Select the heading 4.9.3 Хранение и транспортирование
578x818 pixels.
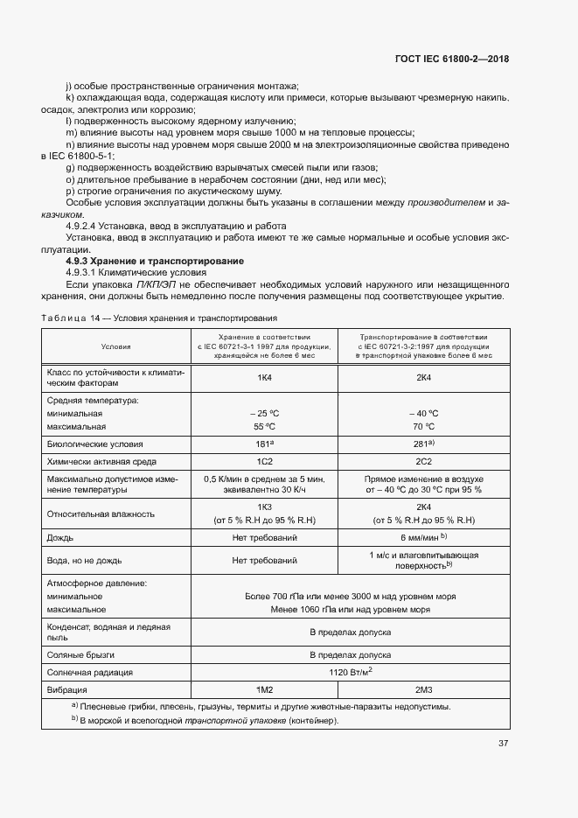pyautogui.click(x=155, y=262)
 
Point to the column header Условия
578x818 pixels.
pyautogui.click(x=115, y=346)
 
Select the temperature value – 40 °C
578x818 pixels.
pyautogui.click(x=424, y=413)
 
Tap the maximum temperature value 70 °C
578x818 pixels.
pyautogui.click(x=424, y=427)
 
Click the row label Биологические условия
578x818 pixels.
pyautogui.click(x=95, y=444)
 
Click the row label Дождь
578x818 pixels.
pyautogui.click(x=60, y=536)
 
